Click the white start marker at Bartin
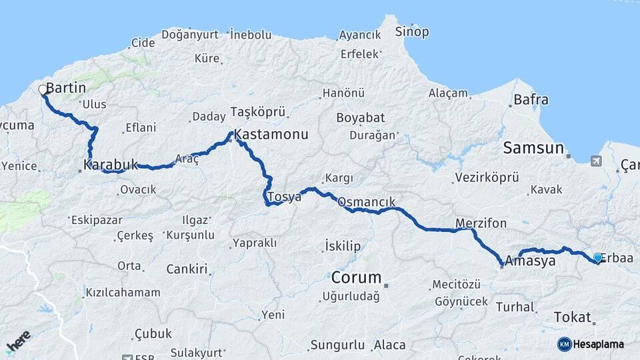point(43,89)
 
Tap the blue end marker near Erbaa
point(598,257)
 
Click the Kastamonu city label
point(271,135)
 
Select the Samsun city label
point(533,148)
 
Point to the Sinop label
point(412,31)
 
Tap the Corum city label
point(357,277)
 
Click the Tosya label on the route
point(284,197)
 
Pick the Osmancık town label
point(367,201)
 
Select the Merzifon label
point(481,223)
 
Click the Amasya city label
point(530,261)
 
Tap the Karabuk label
point(111,164)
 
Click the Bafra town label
point(531,100)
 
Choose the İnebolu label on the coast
point(251,34)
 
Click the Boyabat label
point(360,118)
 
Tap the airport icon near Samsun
point(595,161)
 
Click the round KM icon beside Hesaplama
point(565,344)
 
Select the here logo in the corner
point(18,341)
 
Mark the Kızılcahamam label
point(123,292)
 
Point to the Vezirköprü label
point(486,178)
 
